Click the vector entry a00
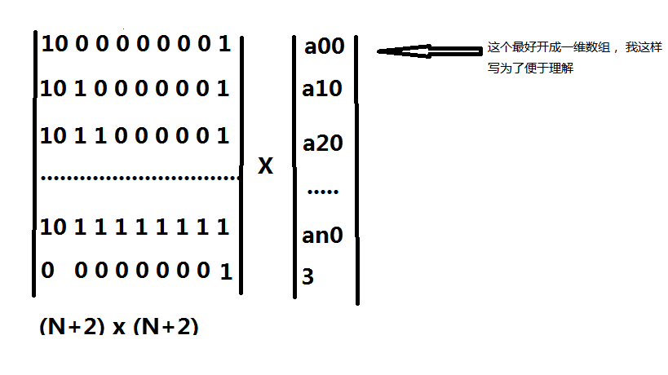[x=324, y=46]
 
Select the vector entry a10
[x=322, y=89]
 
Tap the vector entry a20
[x=322, y=143]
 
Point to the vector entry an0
[x=322, y=235]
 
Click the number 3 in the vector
[x=307, y=276]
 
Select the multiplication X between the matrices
[x=265, y=165]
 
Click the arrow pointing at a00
[x=429, y=51]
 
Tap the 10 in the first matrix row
[x=55, y=44]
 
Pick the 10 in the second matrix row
[x=53, y=89]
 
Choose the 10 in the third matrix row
[x=53, y=136]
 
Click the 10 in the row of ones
[x=53, y=227]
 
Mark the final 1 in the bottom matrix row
[x=226, y=271]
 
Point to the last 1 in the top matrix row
[x=224, y=44]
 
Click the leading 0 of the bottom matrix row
[x=47, y=270]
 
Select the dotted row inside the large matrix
[x=140, y=178]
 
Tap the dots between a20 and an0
[x=323, y=192]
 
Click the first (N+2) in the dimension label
[x=72, y=326]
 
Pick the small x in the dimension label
[x=119, y=328]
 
